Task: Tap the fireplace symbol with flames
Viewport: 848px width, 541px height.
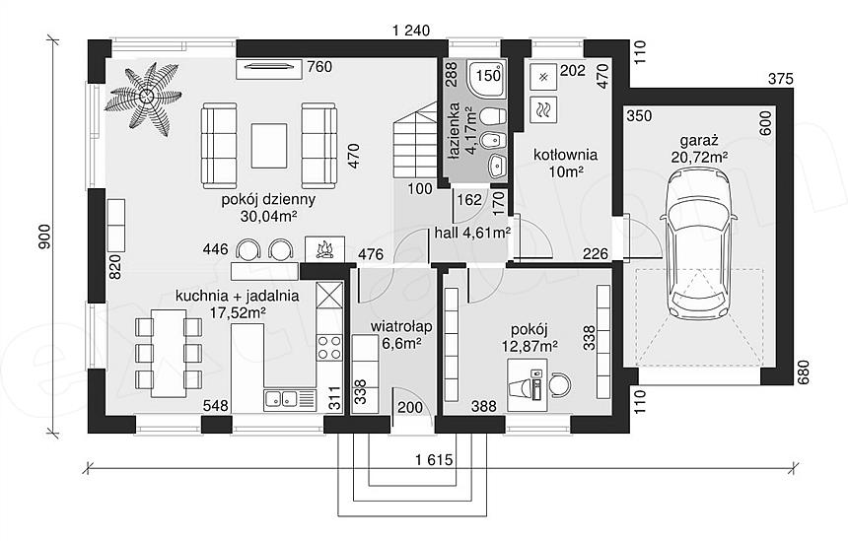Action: coord(324,249)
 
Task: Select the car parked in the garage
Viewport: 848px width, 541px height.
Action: coord(698,243)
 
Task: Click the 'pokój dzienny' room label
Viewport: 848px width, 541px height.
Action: coord(268,199)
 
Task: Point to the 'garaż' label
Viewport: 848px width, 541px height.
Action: coord(699,141)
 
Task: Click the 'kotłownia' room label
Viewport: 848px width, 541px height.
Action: coord(565,155)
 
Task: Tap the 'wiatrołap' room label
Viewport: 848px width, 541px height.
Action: coord(400,326)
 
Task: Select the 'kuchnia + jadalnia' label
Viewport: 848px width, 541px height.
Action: coord(237,297)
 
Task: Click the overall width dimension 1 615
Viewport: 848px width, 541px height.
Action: coord(434,460)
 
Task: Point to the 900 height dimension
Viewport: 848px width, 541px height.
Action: coord(44,237)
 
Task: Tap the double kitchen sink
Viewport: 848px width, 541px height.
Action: coord(282,399)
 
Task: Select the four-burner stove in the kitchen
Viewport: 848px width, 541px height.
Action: coord(328,348)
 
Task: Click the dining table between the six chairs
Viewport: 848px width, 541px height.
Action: coord(169,354)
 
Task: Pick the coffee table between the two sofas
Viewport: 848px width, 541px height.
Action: coord(268,146)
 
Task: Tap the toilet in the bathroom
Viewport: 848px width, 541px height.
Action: coord(493,116)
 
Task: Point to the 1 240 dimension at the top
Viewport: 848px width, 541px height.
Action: coord(411,31)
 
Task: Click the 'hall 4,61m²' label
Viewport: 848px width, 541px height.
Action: coord(472,233)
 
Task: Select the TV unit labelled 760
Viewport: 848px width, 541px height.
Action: coord(268,68)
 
